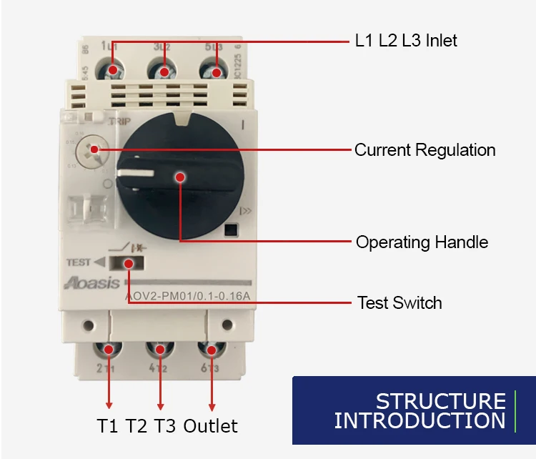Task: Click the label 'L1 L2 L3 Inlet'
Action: pos(406,40)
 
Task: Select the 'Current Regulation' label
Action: pos(425,150)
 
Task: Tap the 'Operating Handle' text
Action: pos(422,242)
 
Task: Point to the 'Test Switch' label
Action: pos(399,302)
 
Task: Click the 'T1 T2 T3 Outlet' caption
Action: pos(167,426)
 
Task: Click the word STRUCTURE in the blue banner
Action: pos(440,401)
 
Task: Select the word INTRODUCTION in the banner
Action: pos(420,420)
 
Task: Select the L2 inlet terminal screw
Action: pos(164,71)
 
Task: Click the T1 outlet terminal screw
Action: pos(109,350)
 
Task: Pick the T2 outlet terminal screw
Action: pos(160,350)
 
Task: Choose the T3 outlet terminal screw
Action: pos(212,350)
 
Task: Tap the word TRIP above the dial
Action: pos(119,122)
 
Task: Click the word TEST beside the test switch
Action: pos(79,262)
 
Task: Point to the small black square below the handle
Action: pos(230,230)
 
